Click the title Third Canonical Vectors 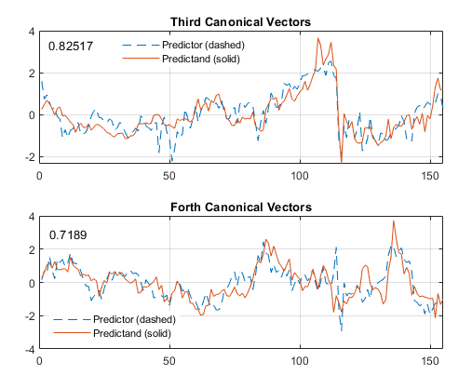[241, 21]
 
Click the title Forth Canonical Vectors [241, 206]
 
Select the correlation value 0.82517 [70, 46]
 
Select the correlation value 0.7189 [68, 235]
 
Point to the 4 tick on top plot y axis [31, 31]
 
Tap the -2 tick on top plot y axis [29, 157]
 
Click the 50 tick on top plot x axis [169, 175]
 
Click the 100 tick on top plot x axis [300, 175]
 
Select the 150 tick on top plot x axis [430, 175]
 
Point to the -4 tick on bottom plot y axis [29, 350]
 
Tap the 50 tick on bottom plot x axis [169, 359]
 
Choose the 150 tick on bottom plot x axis [430, 359]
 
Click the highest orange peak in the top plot [318, 39]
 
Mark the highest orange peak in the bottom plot [394, 221]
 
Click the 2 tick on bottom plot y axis [31, 249]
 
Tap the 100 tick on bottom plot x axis [300, 359]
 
